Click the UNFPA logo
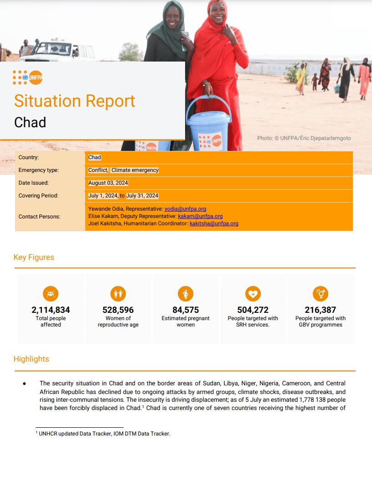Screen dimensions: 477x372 [28, 77]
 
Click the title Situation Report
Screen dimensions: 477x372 [75, 101]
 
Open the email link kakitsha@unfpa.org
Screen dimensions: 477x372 [214, 223]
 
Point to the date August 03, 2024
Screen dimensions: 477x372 [108, 183]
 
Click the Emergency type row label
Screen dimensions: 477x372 [39, 170]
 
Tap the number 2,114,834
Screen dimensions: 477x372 [51, 310]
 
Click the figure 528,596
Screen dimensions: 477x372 [118, 310]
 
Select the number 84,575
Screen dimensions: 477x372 [186, 310]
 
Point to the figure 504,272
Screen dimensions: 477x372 [253, 310]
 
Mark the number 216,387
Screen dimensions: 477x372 [320, 310]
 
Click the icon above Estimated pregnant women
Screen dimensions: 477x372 [186, 294]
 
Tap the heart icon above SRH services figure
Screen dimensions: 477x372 [253, 294]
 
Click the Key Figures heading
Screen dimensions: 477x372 [34, 257]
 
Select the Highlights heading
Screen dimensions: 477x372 [31, 359]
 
